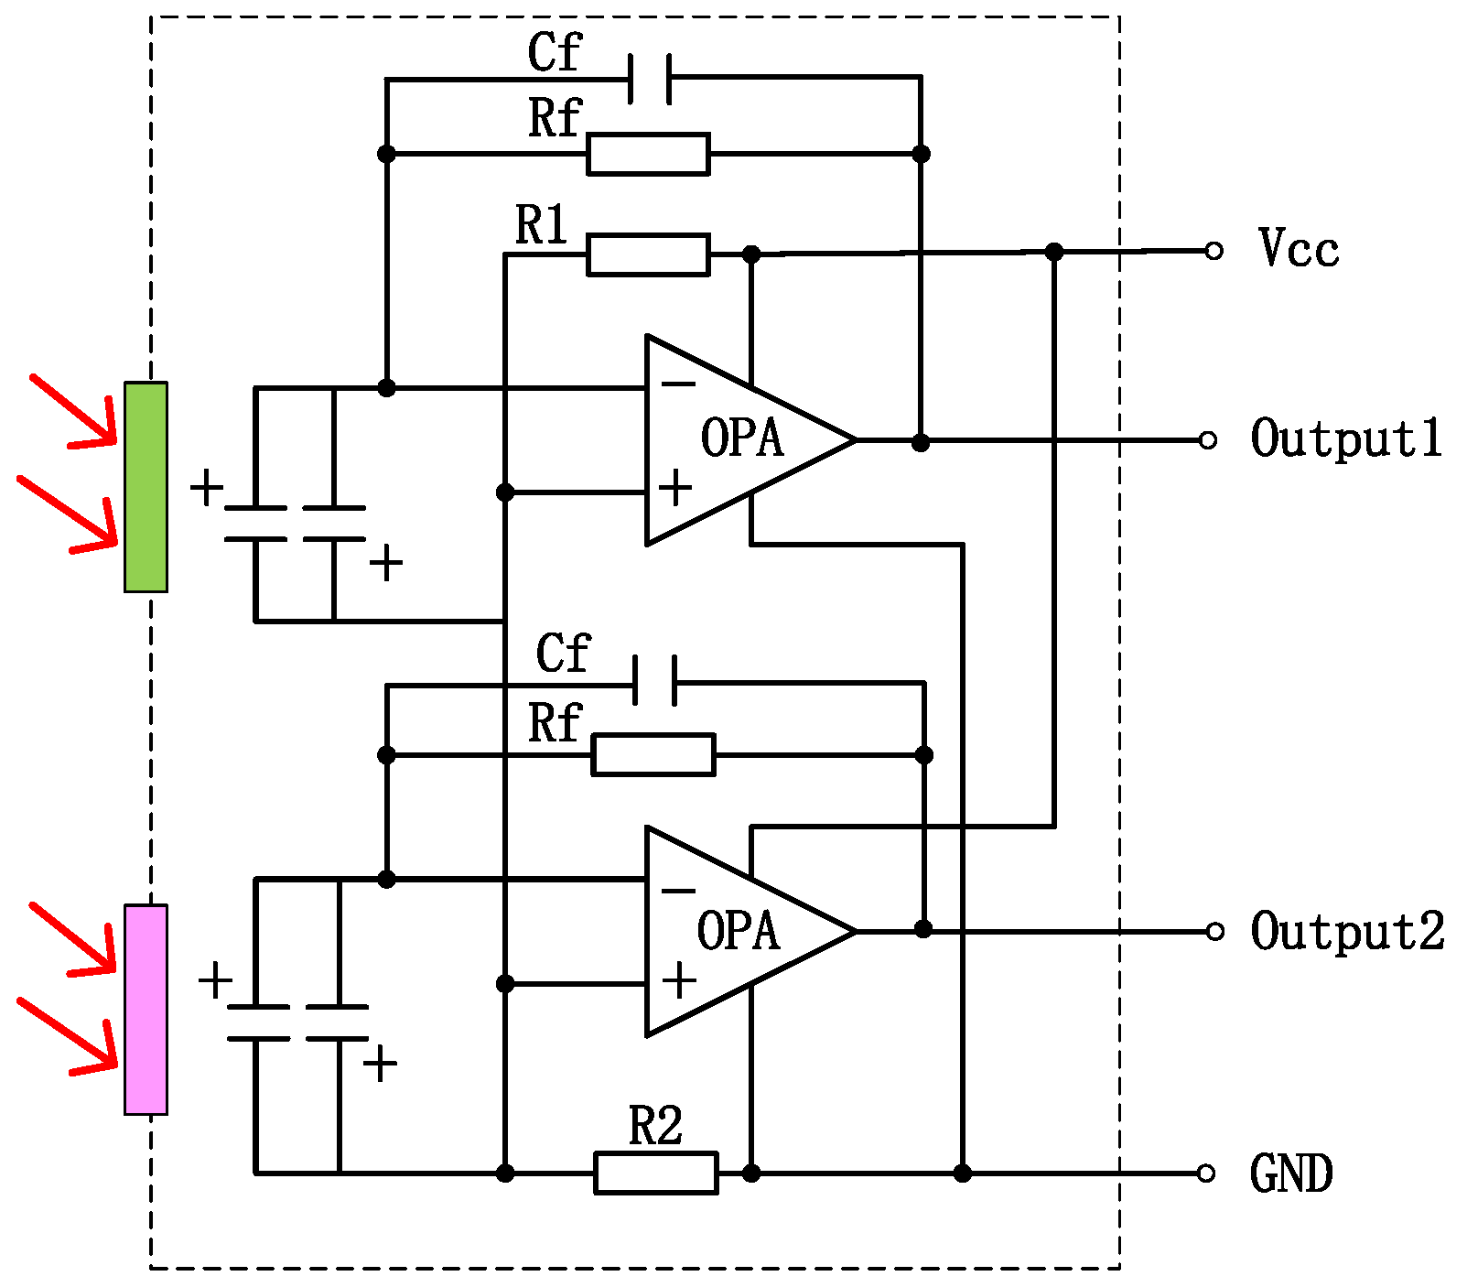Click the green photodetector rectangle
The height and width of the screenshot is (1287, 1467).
pos(146,487)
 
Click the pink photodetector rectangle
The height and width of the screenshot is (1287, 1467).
pos(146,1010)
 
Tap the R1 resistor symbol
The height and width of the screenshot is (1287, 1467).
pos(648,254)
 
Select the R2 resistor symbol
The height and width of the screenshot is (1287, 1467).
pos(655,1173)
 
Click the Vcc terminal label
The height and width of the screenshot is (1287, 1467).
pos(1298,249)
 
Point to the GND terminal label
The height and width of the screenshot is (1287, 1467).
pos(1290,1174)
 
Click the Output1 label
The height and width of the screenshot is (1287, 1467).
pos(1345,439)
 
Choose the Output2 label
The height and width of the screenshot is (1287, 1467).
pos(1347,932)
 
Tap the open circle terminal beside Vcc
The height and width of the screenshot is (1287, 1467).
pos(1214,251)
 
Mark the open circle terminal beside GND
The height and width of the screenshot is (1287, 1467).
pos(1206,1173)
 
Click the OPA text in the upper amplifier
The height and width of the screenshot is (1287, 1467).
pos(742,438)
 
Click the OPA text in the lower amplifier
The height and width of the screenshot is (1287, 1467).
pos(739,931)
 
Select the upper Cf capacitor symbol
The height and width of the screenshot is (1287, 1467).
pos(651,79)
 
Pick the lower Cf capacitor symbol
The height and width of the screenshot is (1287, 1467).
pos(655,681)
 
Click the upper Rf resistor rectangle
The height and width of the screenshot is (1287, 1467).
pos(648,154)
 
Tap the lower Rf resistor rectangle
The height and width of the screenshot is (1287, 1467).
pos(653,755)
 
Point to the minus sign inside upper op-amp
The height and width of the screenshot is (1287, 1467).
pos(678,384)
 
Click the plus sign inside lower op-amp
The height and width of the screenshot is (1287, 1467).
pos(679,982)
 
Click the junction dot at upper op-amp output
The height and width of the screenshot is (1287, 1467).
pos(921,443)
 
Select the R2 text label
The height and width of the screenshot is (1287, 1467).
pos(655,1127)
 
